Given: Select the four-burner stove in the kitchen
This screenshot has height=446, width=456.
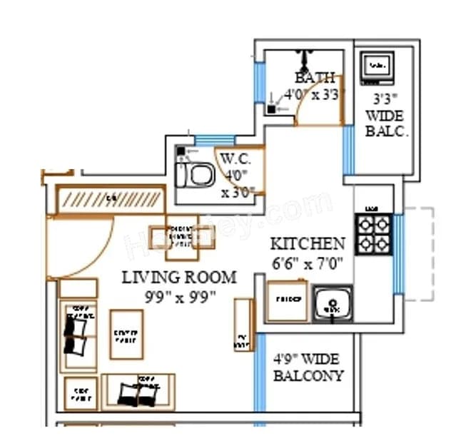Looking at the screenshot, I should click(x=374, y=234).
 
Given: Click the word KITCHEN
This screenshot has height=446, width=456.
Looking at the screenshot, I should click(x=307, y=243).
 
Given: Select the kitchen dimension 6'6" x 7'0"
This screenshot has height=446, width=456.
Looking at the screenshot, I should click(x=307, y=263).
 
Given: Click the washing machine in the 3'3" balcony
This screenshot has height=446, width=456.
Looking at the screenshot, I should click(x=376, y=68).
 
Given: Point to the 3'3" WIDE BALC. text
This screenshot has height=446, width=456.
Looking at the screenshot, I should click(x=385, y=115).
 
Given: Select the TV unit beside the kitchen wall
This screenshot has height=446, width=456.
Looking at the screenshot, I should click(x=243, y=325).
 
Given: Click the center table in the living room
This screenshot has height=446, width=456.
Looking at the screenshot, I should click(x=126, y=334).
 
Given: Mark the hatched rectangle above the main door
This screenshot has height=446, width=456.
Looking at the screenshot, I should click(x=111, y=199).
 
